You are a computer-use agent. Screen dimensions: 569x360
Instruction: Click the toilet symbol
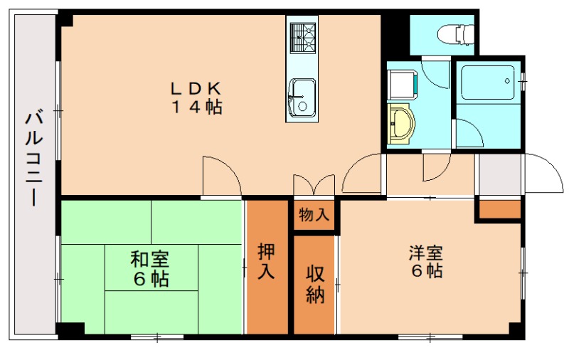(456, 34)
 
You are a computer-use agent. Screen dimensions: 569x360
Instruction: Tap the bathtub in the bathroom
(487, 83)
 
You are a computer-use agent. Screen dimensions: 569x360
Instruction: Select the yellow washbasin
(400, 123)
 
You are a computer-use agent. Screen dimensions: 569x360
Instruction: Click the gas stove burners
(303, 38)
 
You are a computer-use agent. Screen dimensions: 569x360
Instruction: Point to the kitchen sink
(302, 97)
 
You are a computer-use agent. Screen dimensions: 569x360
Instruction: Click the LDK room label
(196, 88)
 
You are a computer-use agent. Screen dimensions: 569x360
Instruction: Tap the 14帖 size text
(196, 107)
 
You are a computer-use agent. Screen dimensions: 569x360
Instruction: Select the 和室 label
(150, 259)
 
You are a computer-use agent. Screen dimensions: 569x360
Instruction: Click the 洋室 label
(426, 253)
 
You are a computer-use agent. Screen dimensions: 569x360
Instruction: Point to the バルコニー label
(34, 159)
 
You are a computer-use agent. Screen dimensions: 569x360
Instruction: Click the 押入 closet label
(266, 261)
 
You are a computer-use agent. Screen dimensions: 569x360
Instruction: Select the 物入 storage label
(314, 215)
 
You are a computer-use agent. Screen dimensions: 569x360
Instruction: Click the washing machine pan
(402, 85)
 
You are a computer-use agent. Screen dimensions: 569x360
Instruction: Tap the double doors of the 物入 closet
(314, 184)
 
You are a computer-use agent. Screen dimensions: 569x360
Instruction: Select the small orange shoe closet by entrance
(500, 209)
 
